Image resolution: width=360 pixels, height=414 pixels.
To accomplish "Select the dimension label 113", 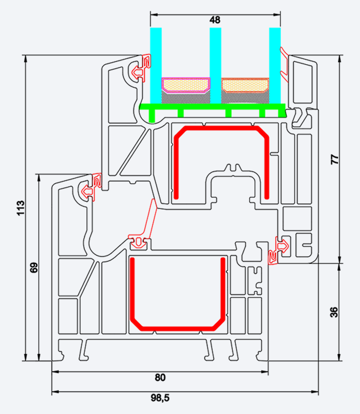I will [20, 208].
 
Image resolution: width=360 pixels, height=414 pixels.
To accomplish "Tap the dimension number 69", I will [34, 268].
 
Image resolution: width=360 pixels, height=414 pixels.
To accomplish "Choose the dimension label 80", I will [160, 377].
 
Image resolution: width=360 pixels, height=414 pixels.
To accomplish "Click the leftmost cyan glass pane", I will [156, 65].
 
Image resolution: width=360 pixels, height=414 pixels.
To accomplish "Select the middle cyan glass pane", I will [215, 65].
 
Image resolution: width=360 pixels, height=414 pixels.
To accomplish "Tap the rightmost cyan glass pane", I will [275, 65].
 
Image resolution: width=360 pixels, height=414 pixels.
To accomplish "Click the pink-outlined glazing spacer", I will [186, 83].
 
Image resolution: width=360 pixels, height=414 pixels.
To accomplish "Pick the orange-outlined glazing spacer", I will [245, 83].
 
